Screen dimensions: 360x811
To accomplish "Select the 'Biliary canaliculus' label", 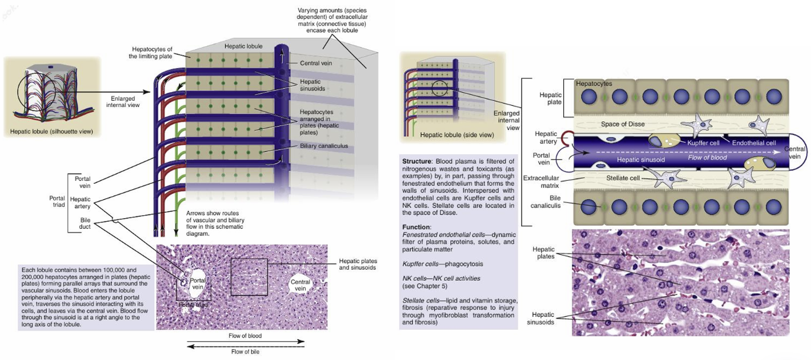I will tap(323, 145).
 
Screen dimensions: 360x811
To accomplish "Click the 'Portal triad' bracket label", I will tap(57, 202).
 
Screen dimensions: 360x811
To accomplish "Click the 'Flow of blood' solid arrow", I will tap(245, 342).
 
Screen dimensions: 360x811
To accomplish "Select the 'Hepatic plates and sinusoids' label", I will tap(357, 264).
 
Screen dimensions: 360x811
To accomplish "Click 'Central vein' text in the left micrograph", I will tap(300, 286).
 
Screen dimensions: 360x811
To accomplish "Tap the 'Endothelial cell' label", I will tap(754, 142).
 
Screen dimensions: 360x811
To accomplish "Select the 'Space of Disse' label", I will tap(622, 124).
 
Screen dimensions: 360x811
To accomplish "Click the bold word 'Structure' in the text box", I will tap(421, 161).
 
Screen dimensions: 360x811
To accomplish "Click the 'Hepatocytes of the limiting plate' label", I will tap(150, 52).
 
